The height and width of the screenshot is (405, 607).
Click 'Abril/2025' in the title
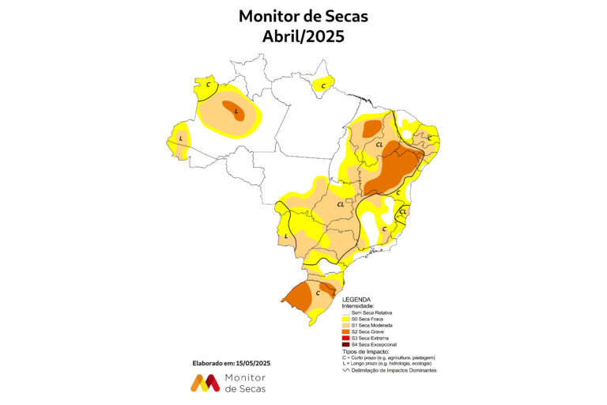(303, 36)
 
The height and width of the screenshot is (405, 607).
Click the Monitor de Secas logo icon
(205, 384)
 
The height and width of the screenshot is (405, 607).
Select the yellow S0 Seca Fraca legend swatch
(345, 319)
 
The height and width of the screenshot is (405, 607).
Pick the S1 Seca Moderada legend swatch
(345, 325)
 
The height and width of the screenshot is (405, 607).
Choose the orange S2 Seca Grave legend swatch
(345, 331)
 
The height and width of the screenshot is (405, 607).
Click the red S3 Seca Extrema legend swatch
(345, 338)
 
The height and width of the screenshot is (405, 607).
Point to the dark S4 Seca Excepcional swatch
(345, 345)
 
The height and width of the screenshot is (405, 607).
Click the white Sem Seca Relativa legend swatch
(345, 312)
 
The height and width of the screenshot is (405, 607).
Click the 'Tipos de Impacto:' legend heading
(366, 351)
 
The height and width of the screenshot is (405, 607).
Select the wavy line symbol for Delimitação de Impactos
(345, 370)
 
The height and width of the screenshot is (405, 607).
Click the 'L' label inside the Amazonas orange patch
(236, 112)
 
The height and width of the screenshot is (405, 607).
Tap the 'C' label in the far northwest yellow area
(208, 84)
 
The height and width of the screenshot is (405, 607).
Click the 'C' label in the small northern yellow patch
(322, 85)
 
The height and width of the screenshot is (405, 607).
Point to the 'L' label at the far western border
(181, 138)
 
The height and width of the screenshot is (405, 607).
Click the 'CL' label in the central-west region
(340, 204)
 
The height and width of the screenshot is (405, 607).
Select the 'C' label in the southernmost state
(318, 293)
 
